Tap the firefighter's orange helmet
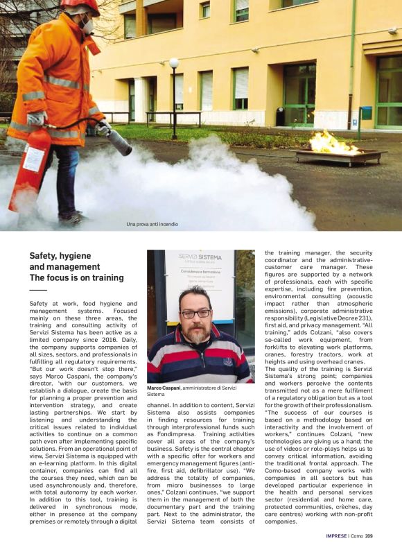tap(80, 6)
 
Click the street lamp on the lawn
tap(174, 64)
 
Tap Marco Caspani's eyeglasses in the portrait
tap(195, 313)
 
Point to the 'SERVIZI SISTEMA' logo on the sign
tap(200, 257)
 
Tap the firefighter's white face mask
tap(88, 27)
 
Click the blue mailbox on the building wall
tap(365, 113)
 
